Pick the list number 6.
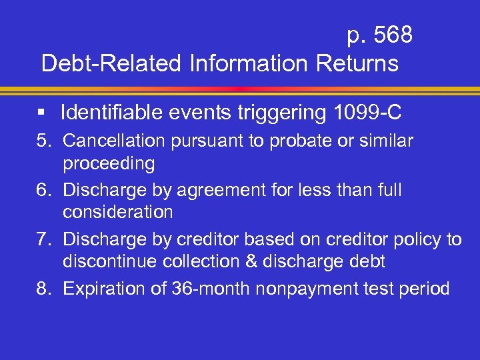[47, 191]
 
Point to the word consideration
[118, 213]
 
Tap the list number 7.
[47, 240]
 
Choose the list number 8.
[47, 289]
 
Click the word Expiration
[103, 289]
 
